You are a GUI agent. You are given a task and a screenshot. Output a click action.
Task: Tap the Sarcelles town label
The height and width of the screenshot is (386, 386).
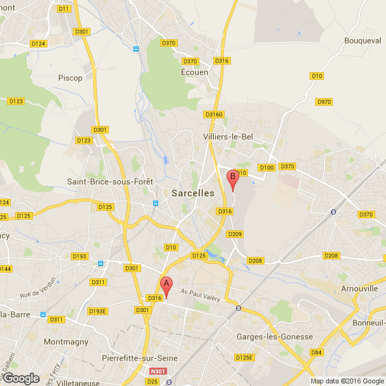pyautogui.click(x=192, y=194)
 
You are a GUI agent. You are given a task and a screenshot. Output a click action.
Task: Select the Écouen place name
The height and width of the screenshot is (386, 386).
pyautogui.click(x=195, y=72)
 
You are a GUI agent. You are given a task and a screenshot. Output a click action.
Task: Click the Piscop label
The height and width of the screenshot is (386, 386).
pyautogui.click(x=70, y=78)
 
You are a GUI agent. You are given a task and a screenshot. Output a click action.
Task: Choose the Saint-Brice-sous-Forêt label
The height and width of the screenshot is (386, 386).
pyautogui.click(x=110, y=182)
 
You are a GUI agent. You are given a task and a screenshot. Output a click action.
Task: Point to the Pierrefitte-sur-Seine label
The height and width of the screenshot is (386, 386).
pyautogui.click(x=139, y=358)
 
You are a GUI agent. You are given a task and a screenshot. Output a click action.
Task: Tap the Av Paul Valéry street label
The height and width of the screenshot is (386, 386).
pyautogui.click(x=203, y=295)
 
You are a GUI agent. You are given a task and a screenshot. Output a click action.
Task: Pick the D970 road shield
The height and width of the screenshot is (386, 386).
pyautogui.click(x=323, y=102)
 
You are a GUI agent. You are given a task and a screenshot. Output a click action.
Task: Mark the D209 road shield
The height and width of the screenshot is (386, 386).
pyautogui.click(x=235, y=234)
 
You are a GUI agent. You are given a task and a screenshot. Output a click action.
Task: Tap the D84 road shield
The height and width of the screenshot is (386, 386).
pyautogui.click(x=316, y=352)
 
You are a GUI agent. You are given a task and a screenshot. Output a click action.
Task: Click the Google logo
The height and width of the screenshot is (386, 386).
pyautogui.click(x=22, y=378)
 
